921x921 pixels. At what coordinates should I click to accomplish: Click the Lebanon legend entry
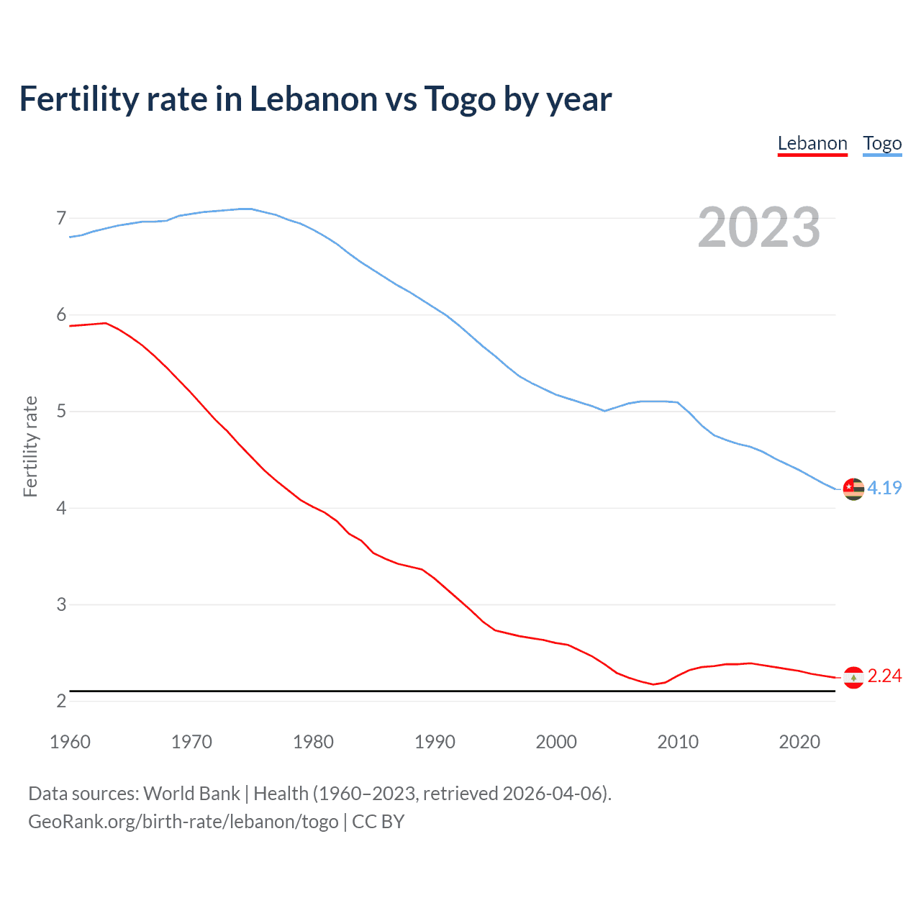(x=812, y=143)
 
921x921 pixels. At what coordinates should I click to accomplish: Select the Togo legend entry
(x=882, y=143)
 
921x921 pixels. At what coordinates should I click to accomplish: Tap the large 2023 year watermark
(x=759, y=227)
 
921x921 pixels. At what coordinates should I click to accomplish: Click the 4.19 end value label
(x=884, y=488)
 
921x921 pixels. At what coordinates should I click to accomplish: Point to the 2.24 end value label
(x=884, y=676)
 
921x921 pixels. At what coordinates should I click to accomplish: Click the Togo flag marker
(x=853, y=489)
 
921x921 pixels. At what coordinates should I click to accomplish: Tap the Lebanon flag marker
(x=853, y=677)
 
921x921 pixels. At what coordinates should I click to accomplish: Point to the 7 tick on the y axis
(x=61, y=218)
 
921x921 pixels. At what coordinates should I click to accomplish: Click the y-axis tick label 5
(x=61, y=412)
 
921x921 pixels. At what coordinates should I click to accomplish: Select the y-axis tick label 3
(x=61, y=604)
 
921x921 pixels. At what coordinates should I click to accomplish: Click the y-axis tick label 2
(x=61, y=701)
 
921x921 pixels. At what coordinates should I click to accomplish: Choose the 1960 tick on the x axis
(x=70, y=742)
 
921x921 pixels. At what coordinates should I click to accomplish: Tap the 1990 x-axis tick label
(x=435, y=742)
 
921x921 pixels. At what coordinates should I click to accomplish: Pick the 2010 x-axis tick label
(x=678, y=742)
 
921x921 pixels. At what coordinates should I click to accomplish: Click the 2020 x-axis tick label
(x=799, y=742)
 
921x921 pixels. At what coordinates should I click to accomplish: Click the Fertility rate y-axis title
(x=30, y=446)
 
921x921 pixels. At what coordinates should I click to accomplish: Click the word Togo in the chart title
(x=460, y=99)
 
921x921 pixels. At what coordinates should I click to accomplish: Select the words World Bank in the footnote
(x=191, y=794)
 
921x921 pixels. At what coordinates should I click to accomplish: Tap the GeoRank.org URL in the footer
(x=183, y=822)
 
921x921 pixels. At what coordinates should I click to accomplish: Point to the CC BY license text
(x=378, y=822)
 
